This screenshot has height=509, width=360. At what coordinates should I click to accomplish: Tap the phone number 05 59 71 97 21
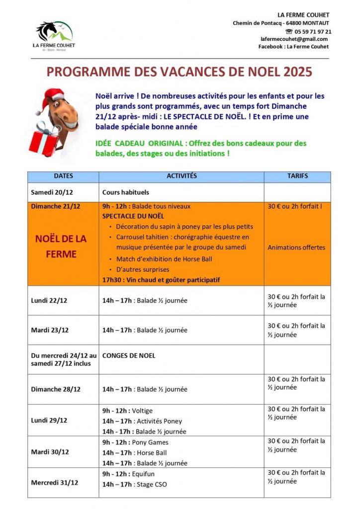[311, 31]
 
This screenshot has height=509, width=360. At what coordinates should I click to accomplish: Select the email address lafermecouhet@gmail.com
[294, 39]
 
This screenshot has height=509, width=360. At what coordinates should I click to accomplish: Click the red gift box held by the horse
[44, 140]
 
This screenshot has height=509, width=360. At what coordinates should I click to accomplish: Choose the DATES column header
[63, 176]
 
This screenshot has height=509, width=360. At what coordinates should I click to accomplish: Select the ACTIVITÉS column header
[181, 176]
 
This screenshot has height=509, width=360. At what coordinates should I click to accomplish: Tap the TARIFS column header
[297, 176]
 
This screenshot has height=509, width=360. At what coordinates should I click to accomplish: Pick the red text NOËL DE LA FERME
[61, 246]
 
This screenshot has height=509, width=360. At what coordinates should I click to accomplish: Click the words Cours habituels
[125, 192]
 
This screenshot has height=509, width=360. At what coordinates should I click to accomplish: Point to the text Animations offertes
[296, 247]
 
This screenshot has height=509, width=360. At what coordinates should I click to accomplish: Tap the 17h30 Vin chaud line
[161, 280]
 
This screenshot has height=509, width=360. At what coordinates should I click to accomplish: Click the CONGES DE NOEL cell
[129, 355]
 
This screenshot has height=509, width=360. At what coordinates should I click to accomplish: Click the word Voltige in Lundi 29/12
[142, 411]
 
